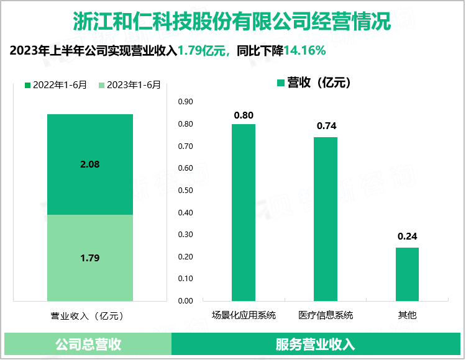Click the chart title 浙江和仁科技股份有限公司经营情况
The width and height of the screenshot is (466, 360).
[232, 20]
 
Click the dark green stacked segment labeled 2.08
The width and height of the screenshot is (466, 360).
[90, 164]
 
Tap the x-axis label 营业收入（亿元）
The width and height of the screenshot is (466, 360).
[90, 315]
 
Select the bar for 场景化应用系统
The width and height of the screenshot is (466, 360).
[244, 212]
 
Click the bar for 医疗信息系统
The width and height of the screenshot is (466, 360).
[326, 218]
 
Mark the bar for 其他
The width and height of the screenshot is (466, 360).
[407, 274]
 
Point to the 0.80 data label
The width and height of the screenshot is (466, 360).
[244, 115]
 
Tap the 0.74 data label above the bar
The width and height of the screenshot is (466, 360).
[326, 126]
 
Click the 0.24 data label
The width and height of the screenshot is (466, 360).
[407, 236]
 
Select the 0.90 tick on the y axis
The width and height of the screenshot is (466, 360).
[186, 102]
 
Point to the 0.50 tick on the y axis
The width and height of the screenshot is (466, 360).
[186, 191]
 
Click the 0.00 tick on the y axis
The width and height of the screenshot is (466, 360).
[186, 301]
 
